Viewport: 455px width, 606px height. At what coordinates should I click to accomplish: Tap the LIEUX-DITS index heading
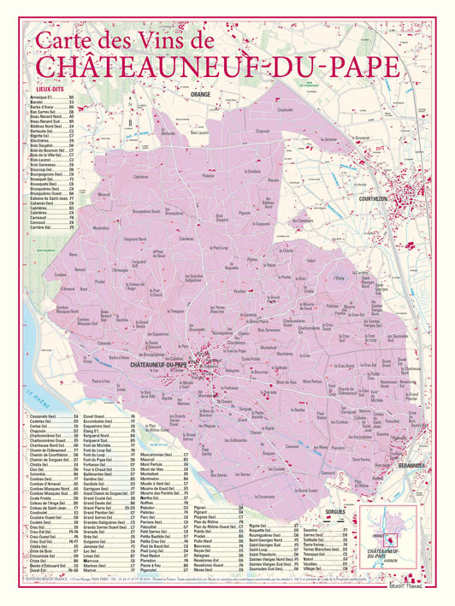pos(44,89)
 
